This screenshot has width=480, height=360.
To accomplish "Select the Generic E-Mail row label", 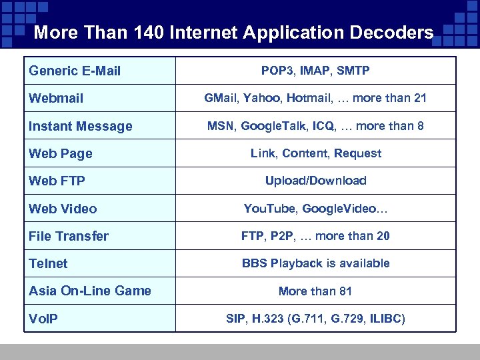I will pos(75,71).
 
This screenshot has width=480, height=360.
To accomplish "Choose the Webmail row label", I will pos(56,99).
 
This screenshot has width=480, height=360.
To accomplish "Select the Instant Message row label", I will pos(80,126).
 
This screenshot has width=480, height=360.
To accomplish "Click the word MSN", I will pos(220,126).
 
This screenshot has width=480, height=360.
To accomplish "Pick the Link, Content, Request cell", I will pos(315,153).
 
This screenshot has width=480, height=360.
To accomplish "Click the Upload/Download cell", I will pos(315,181).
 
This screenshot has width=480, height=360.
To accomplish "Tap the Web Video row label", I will pos(63,209).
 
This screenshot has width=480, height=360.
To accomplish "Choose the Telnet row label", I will pos(48,263).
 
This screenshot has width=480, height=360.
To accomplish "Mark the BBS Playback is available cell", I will pos(315,263).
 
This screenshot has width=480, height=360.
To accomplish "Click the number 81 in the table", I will pos(345,291).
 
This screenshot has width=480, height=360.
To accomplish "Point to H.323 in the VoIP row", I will pos(265,319).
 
